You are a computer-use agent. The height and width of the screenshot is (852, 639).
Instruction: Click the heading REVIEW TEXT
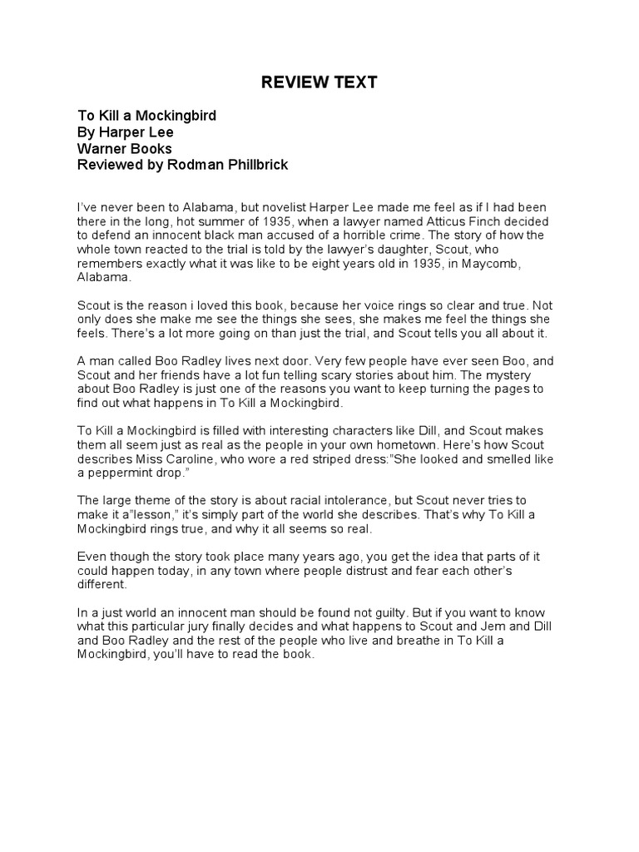(x=319, y=82)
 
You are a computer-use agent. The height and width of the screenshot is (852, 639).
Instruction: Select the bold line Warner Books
(x=124, y=149)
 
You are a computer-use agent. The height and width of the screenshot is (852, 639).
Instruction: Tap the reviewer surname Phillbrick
(x=252, y=165)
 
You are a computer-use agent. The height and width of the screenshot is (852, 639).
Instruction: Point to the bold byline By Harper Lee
(x=126, y=132)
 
